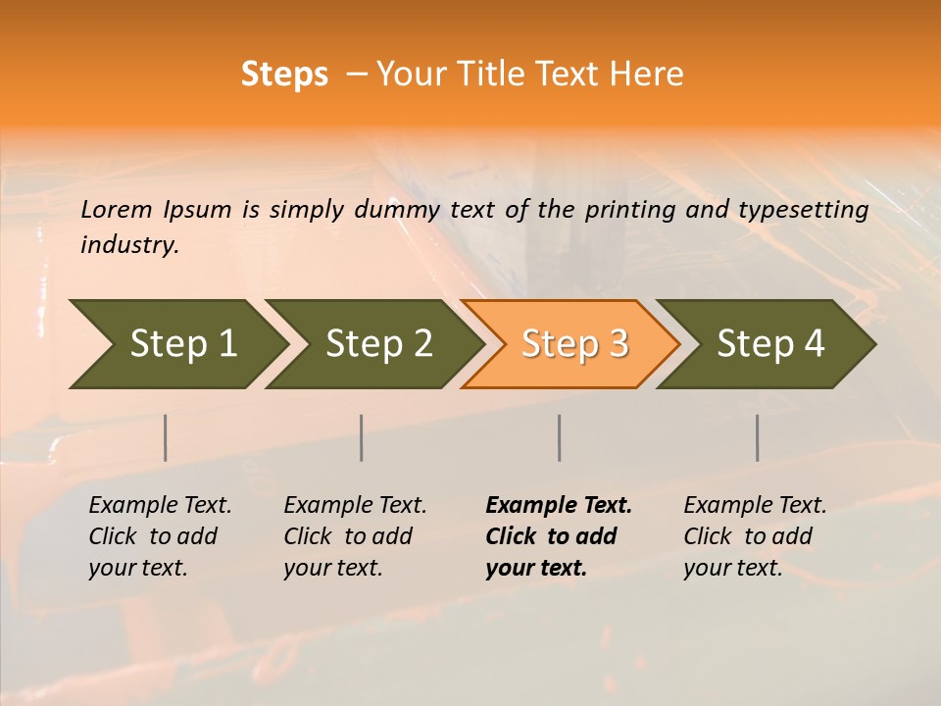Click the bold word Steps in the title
[x=284, y=75]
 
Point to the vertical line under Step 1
[x=166, y=437]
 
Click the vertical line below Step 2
[x=362, y=437]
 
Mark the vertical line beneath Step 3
[x=560, y=437]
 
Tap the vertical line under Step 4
[x=758, y=437]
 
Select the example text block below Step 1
[x=160, y=536]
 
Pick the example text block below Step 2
[x=355, y=536]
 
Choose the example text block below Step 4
[x=755, y=536]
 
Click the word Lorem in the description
[x=117, y=210]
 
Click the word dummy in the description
[x=397, y=210]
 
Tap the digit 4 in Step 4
[x=814, y=344]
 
